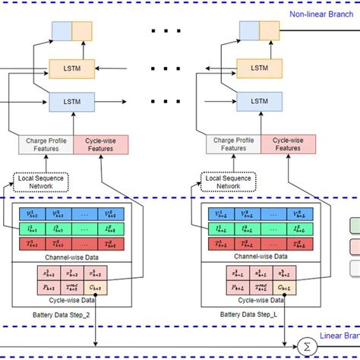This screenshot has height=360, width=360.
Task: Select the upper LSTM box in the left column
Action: coord(72,68)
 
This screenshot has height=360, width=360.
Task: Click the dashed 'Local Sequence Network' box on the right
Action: coord(227,181)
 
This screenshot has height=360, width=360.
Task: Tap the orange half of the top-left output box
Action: coord(82,30)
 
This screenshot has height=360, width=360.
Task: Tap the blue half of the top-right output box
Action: coord(250,30)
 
